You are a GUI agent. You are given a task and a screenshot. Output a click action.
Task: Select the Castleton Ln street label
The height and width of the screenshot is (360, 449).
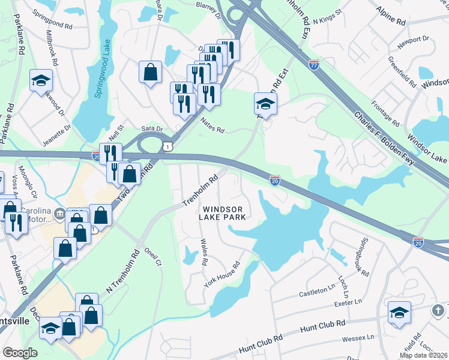(x=318, y=293)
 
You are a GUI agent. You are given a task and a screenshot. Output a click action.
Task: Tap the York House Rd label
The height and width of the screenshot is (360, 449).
(x=221, y=274)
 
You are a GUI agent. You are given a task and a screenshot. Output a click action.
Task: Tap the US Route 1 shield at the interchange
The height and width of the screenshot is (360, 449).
(x=170, y=146)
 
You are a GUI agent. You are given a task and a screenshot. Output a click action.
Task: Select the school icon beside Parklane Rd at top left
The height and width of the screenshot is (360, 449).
(x=41, y=80)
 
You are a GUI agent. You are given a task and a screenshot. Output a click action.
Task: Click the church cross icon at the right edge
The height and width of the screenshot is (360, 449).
(x=441, y=310)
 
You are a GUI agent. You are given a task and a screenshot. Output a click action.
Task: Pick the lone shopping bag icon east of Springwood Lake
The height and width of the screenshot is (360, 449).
(x=150, y=73)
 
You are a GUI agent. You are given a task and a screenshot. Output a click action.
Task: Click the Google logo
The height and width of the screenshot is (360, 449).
(x=20, y=352)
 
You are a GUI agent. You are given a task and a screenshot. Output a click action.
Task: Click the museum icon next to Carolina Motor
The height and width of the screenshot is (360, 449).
(x=59, y=212)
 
